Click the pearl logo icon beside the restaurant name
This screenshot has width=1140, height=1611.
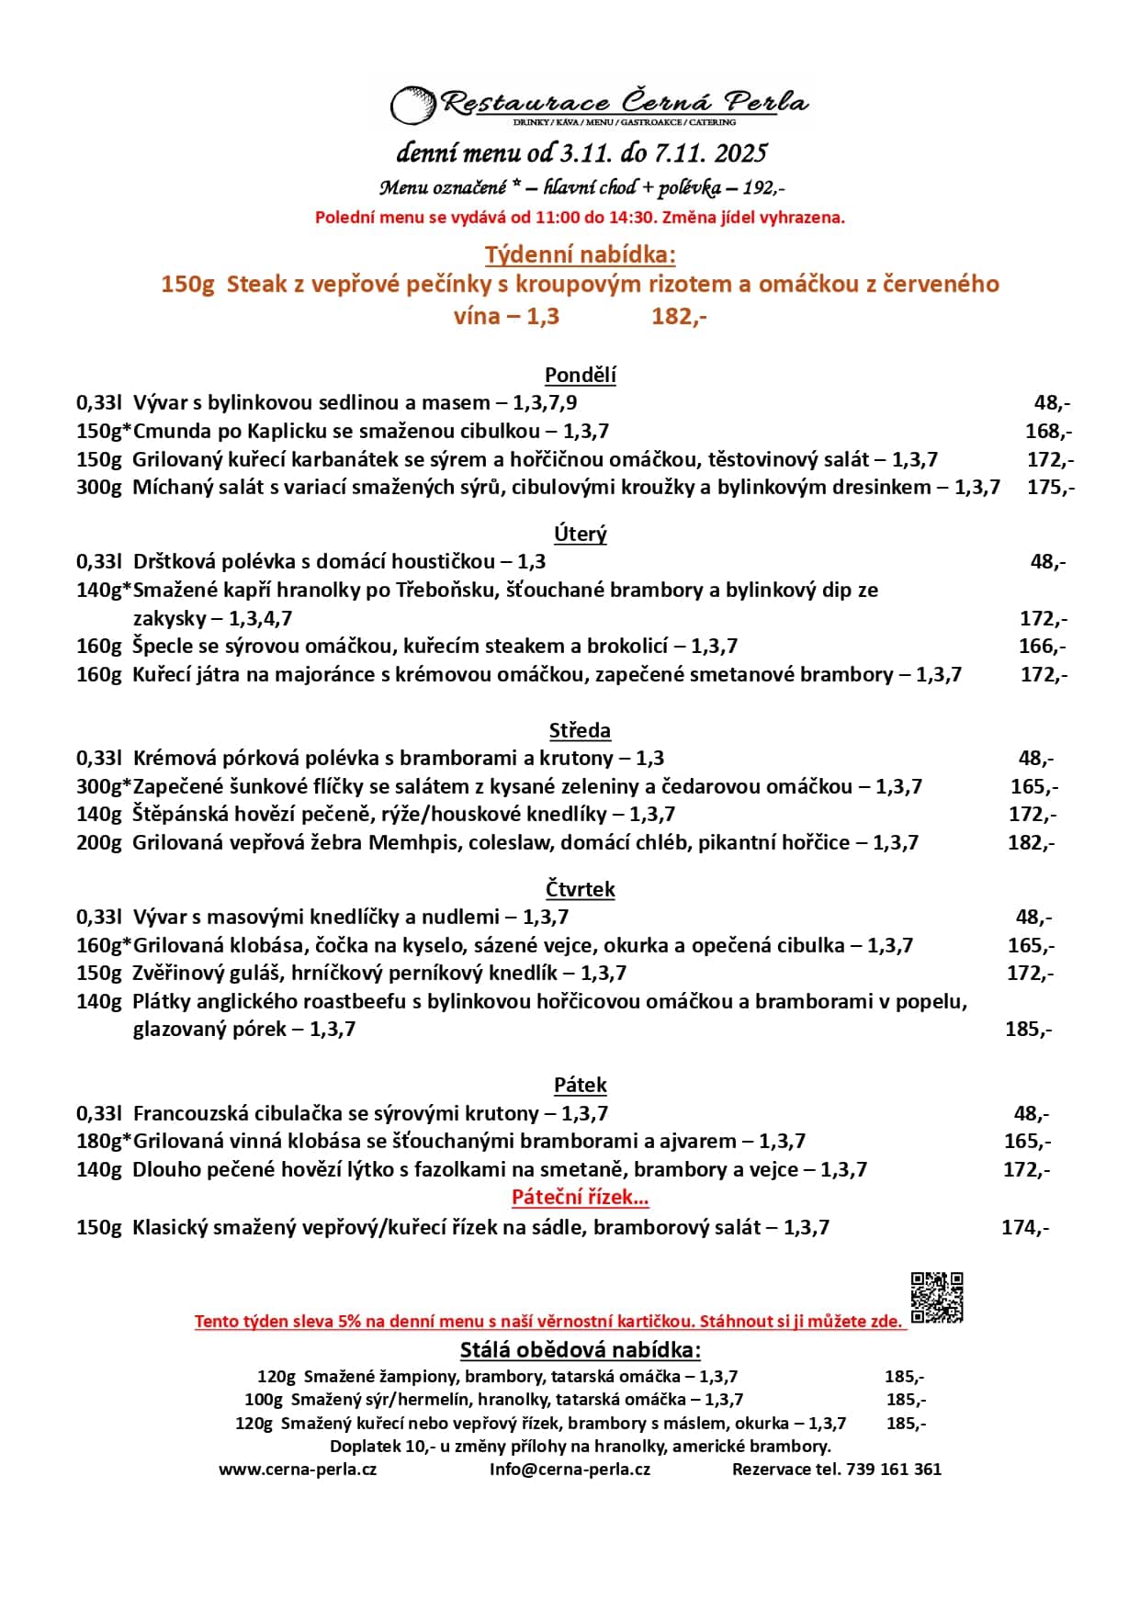412,104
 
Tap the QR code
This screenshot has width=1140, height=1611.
937,1297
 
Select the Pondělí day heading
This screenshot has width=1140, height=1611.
580,375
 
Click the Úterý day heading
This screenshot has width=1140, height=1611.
580,534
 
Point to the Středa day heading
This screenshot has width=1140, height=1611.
580,730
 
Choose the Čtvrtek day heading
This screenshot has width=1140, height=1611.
580,889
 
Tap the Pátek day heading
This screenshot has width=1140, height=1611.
580,1085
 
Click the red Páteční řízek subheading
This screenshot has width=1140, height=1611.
580,1197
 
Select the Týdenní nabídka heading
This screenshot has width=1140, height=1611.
580,254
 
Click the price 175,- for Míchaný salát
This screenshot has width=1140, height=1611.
1050,487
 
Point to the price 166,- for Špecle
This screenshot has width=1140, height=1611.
1042,646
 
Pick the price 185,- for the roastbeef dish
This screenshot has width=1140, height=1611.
1028,1029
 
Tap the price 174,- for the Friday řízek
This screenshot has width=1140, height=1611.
1024,1227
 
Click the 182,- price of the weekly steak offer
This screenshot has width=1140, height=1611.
679,316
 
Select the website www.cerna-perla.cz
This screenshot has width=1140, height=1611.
298,1469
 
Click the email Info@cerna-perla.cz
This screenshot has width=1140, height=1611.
570,1469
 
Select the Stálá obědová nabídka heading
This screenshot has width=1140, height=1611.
580,1349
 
